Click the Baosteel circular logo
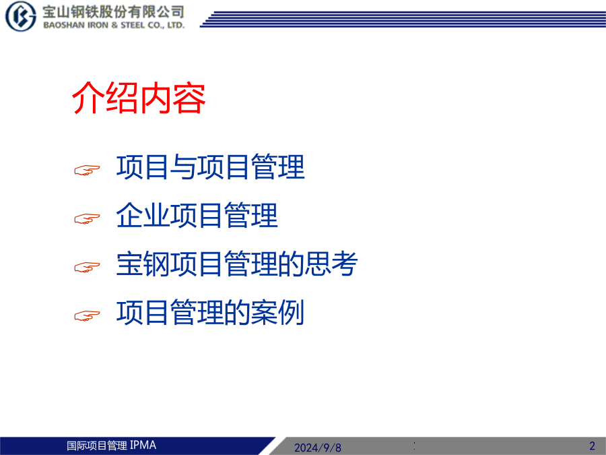[20, 16]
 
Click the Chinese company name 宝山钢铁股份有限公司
[114, 12]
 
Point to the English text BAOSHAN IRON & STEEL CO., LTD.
[114, 25]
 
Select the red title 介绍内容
[139, 98]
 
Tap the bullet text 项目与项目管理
[211, 166]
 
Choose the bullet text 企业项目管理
[197, 215]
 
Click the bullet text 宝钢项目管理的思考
[237, 264]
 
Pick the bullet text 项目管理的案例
[210, 312]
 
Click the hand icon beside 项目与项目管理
[87, 171]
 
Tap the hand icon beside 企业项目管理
[87, 219]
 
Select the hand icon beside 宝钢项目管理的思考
[87, 268]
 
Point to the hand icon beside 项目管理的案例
[87, 315]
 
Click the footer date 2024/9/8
[318, 448]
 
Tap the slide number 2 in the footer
[592, 446]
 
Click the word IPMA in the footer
[143, 446]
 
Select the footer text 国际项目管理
[96, 446]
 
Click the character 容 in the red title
[189, 98]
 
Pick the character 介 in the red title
[88, 98]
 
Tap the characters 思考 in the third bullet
[331, 264]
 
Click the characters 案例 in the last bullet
[278, 312]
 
